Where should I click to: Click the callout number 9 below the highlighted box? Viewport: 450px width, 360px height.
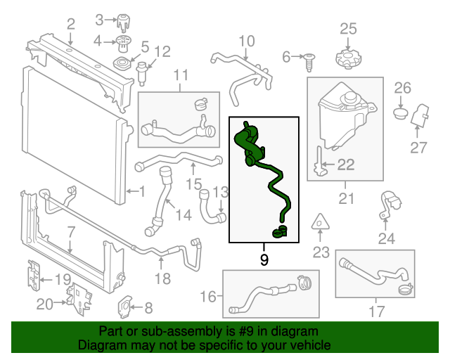point(264,260)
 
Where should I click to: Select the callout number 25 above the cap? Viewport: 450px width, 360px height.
point(349,29)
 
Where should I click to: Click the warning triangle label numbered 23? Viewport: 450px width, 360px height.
point(320,221)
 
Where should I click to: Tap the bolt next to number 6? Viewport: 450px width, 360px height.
point(309,61)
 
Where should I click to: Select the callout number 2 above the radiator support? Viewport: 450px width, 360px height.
point(70,26)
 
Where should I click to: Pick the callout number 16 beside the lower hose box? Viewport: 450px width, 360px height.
point(209,297)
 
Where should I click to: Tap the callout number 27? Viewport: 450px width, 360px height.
point(418,148)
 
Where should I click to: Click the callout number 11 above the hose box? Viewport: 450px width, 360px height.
point(181,75)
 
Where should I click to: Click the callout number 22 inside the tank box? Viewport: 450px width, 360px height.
point(346,165)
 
